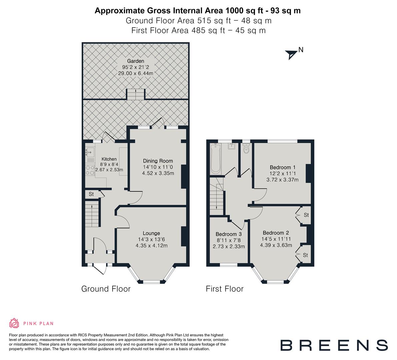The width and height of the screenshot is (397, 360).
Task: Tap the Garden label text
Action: point(135,61)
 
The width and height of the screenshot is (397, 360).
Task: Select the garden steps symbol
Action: point(135,94)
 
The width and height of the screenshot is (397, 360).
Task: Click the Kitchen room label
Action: point(109,159)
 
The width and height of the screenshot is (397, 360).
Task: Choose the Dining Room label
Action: point(158,161)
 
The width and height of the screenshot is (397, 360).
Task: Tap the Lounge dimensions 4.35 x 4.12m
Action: point(151,246)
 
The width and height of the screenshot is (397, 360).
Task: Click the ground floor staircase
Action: point(92,214)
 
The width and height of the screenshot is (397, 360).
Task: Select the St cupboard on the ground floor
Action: point(91,194)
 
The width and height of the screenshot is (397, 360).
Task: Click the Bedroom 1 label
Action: point(282,167)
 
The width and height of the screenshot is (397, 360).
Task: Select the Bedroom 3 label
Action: point(228,234)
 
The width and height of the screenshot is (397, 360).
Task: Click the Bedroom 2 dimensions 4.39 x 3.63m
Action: point(276,245)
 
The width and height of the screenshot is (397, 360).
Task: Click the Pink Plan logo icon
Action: point(14,323)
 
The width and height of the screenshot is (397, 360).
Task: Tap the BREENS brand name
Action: point(334,345)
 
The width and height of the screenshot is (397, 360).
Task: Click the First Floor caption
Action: point(225,289)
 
